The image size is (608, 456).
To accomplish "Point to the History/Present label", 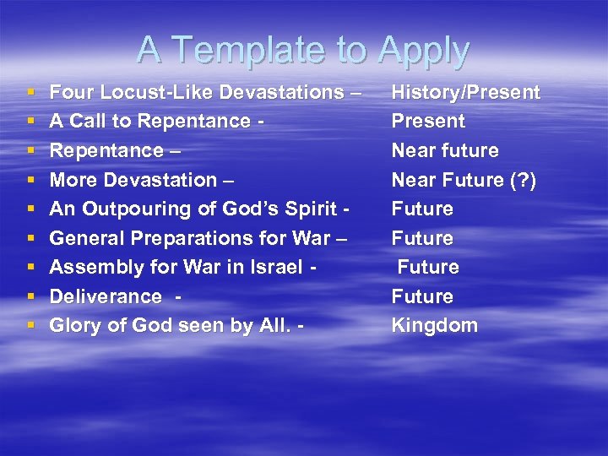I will click(465, 92).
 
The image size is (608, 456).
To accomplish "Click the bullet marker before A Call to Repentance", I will click(30, 122).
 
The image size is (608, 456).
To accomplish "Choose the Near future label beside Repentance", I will click(445, 150).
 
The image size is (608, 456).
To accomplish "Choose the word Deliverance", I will click(106, 296).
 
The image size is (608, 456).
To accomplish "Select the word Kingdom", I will click(434, 325).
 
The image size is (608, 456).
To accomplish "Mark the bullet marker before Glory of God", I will click(30, 326).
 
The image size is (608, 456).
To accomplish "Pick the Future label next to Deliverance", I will click(422, 296).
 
